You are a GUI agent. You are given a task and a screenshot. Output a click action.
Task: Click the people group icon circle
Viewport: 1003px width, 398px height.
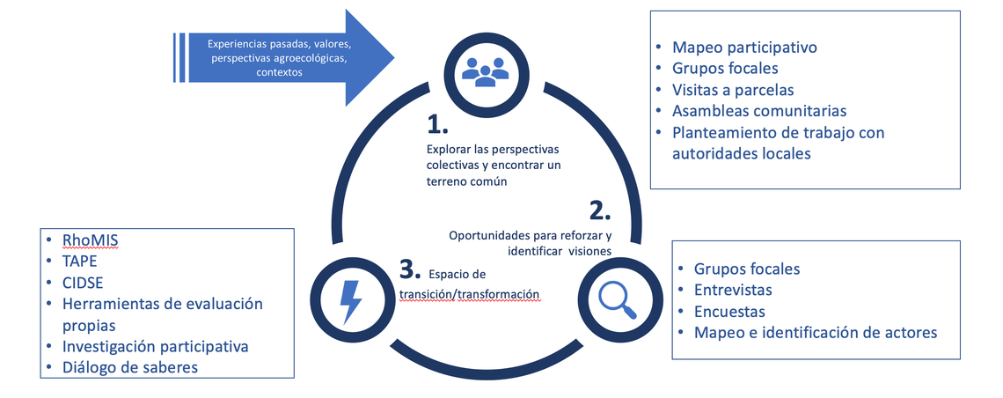486,70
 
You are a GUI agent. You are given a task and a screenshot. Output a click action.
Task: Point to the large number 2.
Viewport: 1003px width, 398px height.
599,210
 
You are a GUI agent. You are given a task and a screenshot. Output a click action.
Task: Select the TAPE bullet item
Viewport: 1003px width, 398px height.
80,261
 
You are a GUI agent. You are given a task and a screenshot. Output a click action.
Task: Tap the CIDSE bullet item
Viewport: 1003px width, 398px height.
84,282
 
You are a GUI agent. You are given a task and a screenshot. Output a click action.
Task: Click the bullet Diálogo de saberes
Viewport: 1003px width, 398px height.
130,367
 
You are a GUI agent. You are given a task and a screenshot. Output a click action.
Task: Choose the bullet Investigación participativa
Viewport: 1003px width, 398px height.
155,346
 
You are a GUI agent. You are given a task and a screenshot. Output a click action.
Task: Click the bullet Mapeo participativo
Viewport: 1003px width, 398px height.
744,48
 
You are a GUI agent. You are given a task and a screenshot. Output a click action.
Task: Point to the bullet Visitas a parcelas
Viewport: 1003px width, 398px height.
733,90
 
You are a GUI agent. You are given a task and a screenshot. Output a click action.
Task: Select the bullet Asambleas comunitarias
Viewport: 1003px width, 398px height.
758,111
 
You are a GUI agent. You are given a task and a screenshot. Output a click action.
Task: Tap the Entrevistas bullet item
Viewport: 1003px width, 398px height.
733,290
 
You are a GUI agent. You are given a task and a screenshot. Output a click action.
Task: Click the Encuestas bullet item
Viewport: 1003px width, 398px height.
729,311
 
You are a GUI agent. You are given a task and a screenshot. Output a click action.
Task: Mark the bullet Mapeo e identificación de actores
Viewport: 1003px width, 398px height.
815,332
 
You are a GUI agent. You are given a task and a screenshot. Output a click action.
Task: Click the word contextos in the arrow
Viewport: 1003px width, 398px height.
279,73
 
